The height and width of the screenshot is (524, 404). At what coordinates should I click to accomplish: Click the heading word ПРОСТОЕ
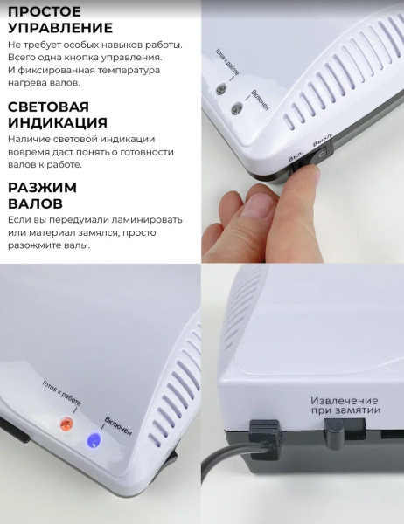tap(45, 11)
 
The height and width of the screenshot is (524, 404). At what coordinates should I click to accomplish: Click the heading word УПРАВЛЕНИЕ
tap(60, 28)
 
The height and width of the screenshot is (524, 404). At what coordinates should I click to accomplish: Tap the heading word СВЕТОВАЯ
tap(49, 107)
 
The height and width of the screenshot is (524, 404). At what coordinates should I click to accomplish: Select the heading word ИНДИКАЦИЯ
tap(58, 122)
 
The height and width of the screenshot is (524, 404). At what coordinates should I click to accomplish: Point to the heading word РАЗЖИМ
tap(43, 188)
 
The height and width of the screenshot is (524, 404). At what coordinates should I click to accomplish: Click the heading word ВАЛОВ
tap(36, 203)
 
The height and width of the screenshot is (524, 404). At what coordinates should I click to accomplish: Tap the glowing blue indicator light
tap(94, 440)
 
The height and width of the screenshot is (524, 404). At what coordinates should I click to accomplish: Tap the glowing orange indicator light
tap(66, 424)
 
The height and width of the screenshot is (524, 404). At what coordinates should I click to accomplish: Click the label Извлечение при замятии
tap(345, 405)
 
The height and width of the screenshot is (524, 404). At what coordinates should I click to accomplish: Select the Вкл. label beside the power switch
tap(296, 156)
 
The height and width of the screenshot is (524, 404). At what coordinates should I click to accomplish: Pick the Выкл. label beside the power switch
tap(323, 140)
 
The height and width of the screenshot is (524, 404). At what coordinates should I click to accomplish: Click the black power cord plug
tap(265, 438)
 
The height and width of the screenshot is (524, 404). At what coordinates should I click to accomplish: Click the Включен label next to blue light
tap(118, 426)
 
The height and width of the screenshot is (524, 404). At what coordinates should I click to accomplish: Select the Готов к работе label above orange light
tap(61, 393)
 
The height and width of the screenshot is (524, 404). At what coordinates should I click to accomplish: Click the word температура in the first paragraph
tap(128, 71)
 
